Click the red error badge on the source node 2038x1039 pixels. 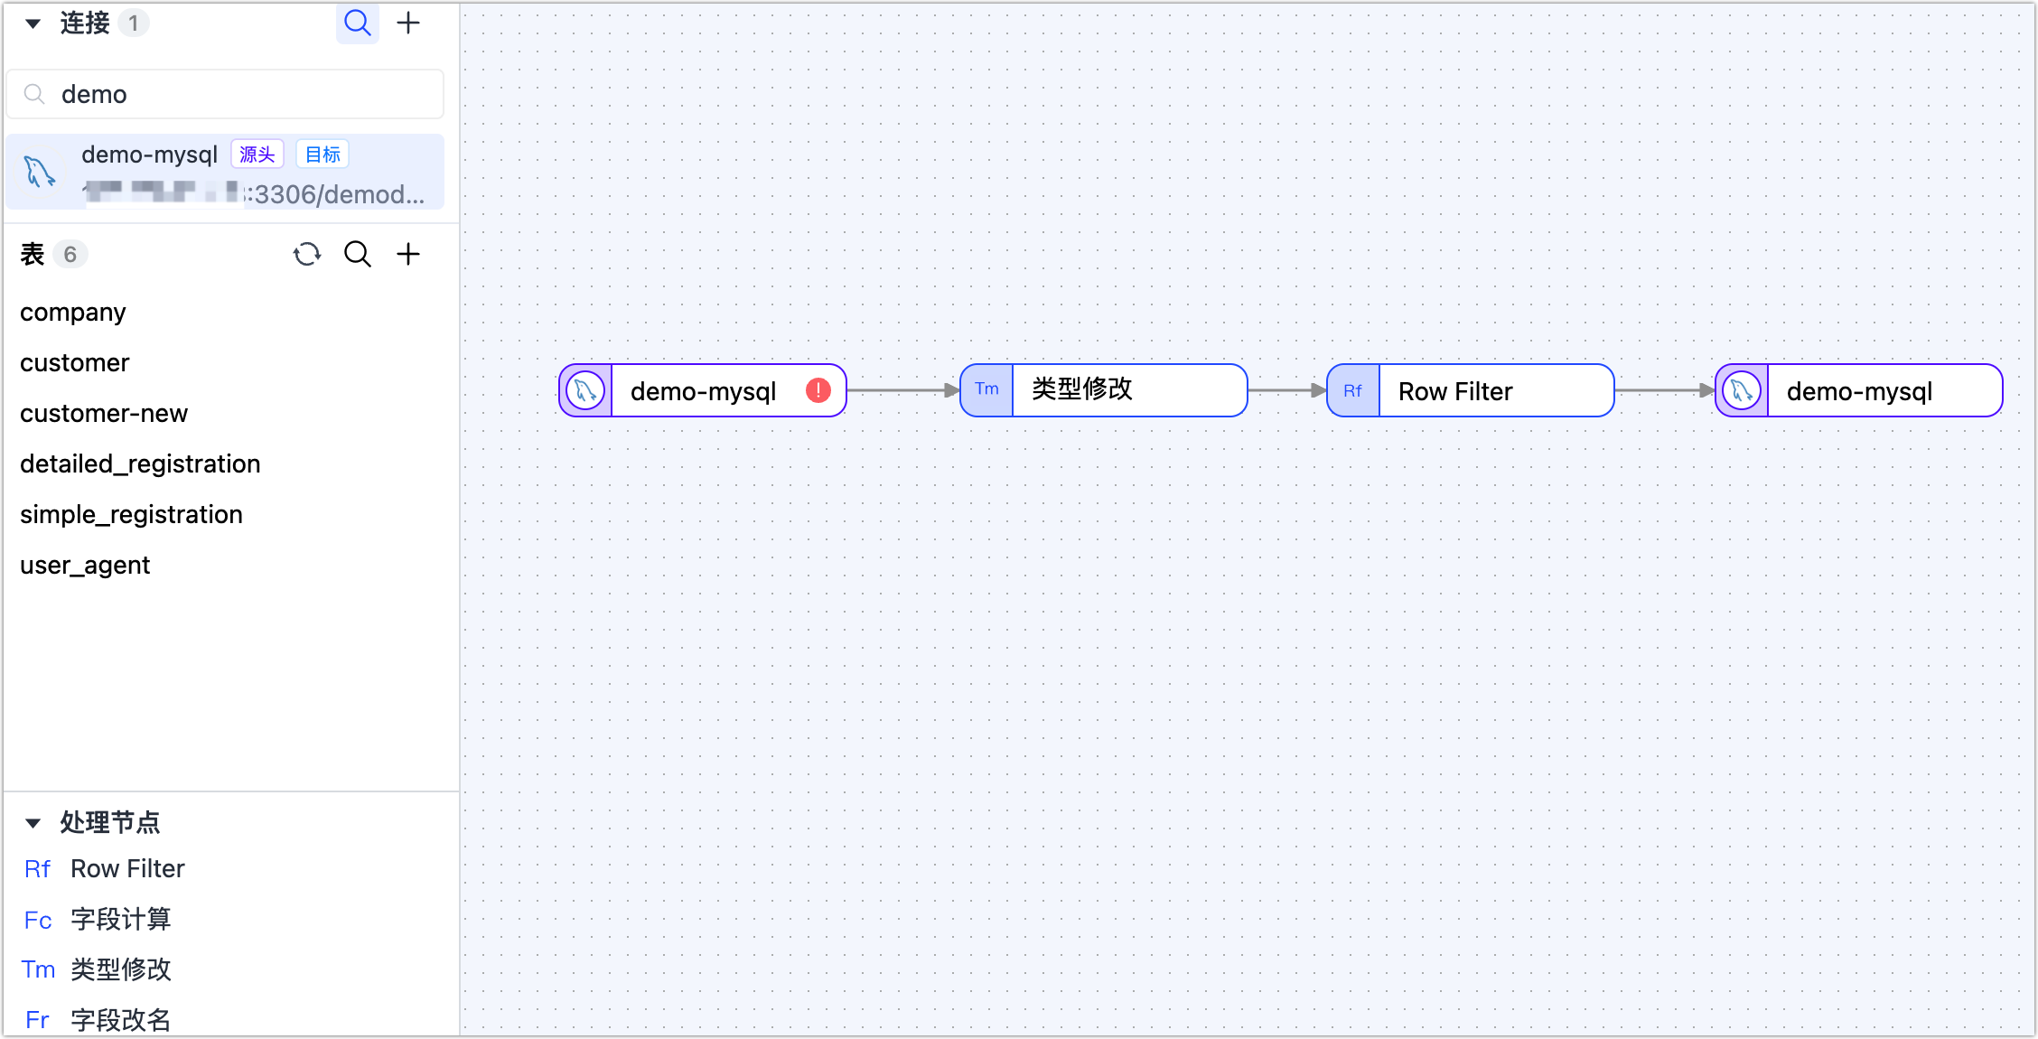(818, 390)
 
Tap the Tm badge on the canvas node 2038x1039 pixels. (986, 390)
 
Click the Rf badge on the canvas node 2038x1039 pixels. (1352, 390)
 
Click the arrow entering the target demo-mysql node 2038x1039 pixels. (1664, 390)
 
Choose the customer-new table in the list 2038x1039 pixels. (104, 413)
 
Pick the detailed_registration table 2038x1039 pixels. (140, 463)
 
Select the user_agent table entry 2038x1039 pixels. (85, 565)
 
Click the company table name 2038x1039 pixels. (73, 312)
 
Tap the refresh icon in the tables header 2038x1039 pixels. (307, 254)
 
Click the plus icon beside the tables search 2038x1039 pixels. (408, 254)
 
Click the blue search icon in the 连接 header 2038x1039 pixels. (358, 23)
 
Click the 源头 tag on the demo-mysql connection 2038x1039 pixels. (257, 154)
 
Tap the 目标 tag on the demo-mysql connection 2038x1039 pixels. (323, 154)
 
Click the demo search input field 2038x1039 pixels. (226, 94)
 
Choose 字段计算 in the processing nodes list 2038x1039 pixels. (120, 919)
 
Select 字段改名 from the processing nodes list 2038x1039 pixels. (120, 1019)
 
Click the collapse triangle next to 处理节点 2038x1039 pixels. (33, 822)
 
